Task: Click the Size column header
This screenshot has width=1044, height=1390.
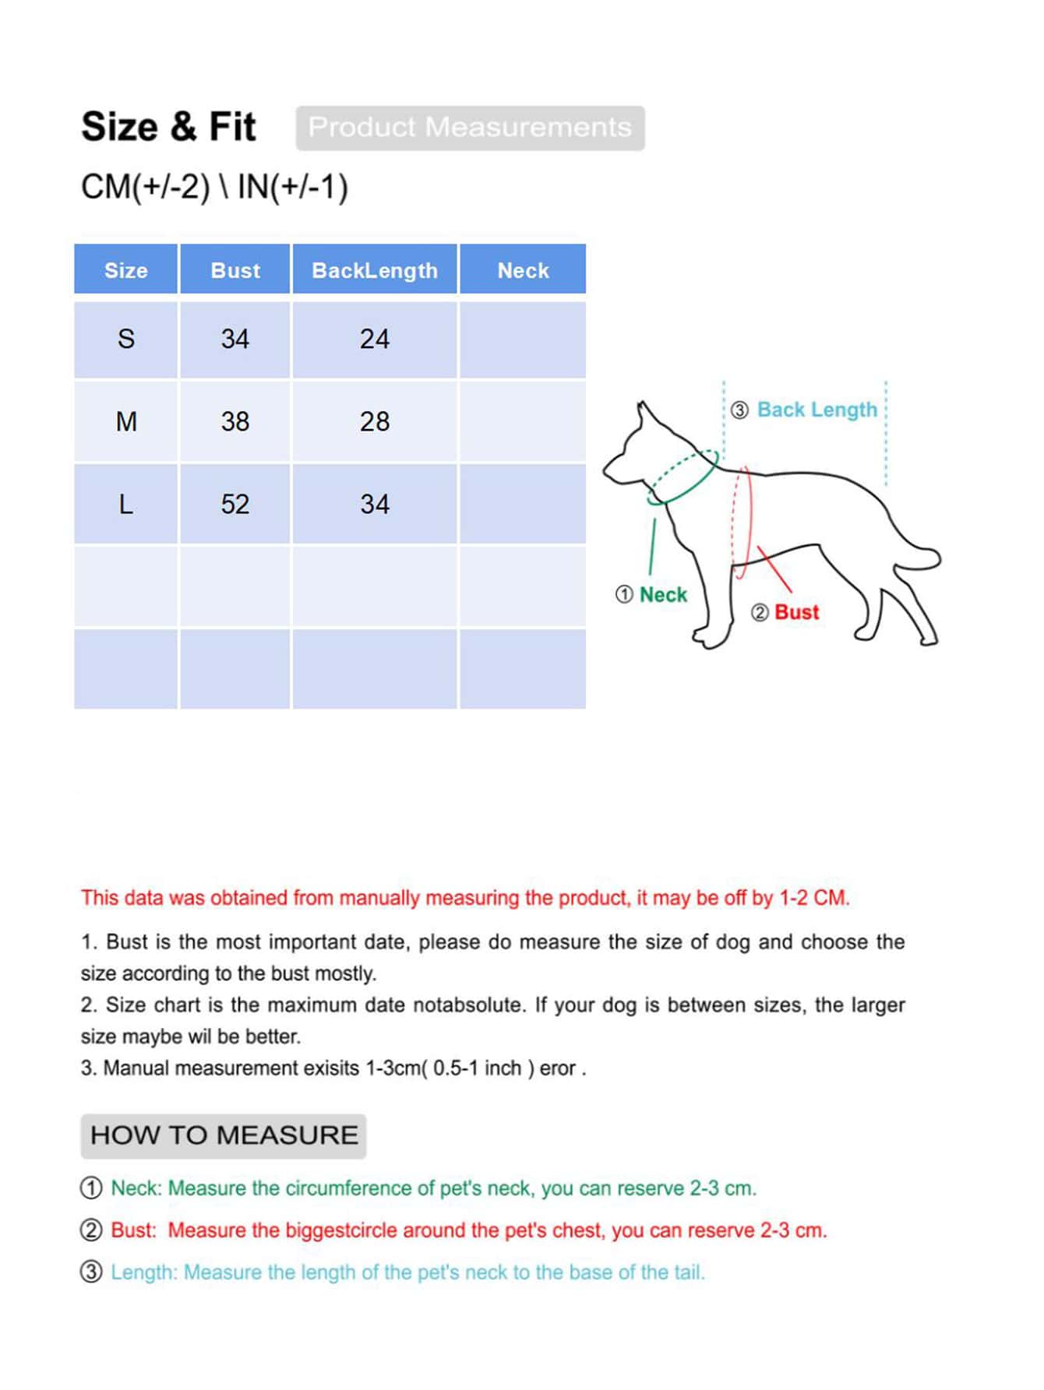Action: point(125,270)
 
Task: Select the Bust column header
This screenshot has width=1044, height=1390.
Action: point(235,270)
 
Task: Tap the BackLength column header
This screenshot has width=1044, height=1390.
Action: point(374,270)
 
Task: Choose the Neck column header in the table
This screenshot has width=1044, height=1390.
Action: point(523,270)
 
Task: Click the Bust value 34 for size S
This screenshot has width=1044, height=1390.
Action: point(235,339)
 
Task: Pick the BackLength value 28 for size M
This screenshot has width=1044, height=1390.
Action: point(374,421)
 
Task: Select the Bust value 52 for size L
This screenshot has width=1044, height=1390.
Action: point(235,504)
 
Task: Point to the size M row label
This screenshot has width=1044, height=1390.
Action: point(126,421)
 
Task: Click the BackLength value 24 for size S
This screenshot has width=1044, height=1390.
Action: point(374,339)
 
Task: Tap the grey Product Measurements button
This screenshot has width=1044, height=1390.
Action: point(470,128)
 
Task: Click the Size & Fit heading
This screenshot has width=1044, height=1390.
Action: point(168,127)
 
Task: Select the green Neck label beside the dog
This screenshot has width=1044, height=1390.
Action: point(662,595)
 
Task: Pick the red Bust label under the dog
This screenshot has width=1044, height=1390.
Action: point(796,612)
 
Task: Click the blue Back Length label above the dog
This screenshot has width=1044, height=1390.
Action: point(817,410)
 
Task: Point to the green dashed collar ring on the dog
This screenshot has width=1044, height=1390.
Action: point(683,476)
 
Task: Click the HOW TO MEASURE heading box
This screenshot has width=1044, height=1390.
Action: point(224,1135)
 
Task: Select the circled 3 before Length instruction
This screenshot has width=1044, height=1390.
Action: point(91,1272)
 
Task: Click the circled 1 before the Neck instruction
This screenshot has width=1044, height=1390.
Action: point(91,1188)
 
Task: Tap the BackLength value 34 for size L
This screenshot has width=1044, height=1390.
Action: point(374,504)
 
